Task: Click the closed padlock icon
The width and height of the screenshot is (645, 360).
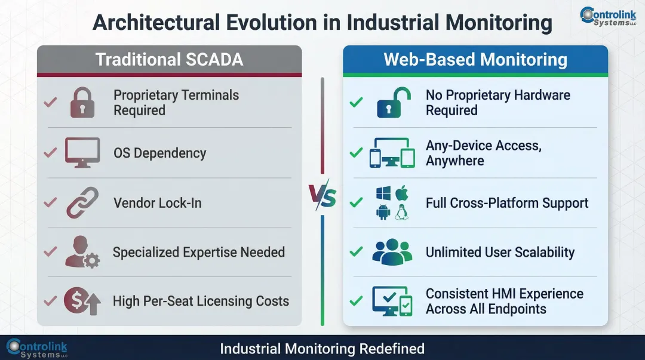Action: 82,102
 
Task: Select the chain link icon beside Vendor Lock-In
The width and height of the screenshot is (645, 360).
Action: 82,203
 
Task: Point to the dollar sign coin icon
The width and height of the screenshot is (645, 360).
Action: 76,301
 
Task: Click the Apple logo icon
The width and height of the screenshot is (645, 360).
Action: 401,193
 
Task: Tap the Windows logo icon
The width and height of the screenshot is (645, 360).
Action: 383,193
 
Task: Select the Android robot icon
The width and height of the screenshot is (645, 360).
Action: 383,212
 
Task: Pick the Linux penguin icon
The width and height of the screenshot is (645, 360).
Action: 401,212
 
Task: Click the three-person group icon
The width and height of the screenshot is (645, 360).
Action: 392,251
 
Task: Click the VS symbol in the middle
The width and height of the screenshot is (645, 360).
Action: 322,196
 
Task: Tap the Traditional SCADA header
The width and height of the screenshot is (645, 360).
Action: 169,60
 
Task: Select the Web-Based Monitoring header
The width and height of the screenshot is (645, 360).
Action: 475,60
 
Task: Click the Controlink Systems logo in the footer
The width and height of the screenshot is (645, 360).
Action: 36,348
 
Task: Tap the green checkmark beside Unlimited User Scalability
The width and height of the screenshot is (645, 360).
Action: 356,252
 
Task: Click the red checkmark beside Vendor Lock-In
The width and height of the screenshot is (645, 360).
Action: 50,203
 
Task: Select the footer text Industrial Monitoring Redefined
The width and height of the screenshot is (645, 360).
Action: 322,349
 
